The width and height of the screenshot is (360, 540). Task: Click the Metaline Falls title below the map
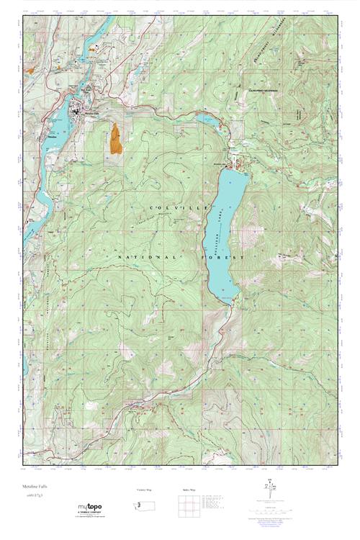point(36,487)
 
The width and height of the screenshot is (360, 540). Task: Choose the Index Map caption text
point(186,490)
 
